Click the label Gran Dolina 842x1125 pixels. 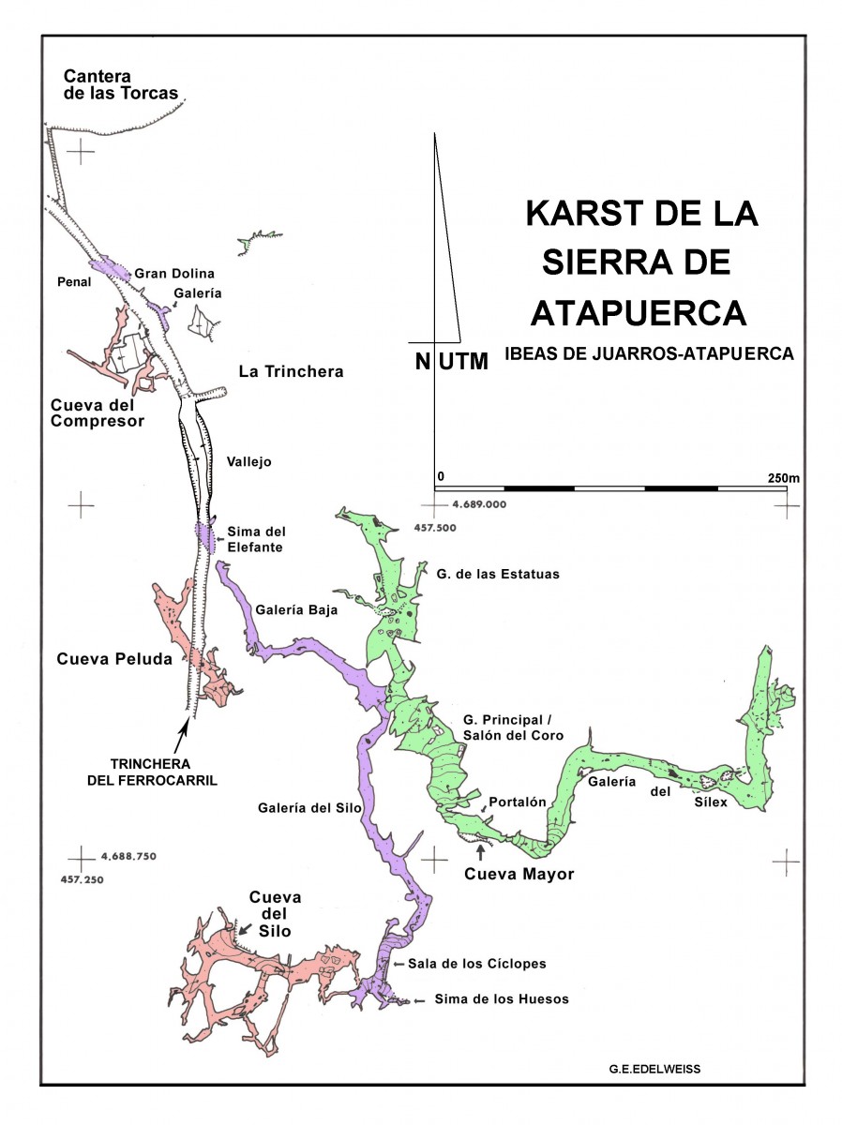pos(174,274)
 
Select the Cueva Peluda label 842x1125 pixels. pos(114,659)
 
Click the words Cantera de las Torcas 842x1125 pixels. pos(120,84)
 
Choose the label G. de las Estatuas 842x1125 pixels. pos(498,574)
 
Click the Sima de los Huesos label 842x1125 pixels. pos(502,999)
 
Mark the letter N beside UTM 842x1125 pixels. pos(423,361)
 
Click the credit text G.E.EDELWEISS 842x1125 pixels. pos(654,1068)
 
